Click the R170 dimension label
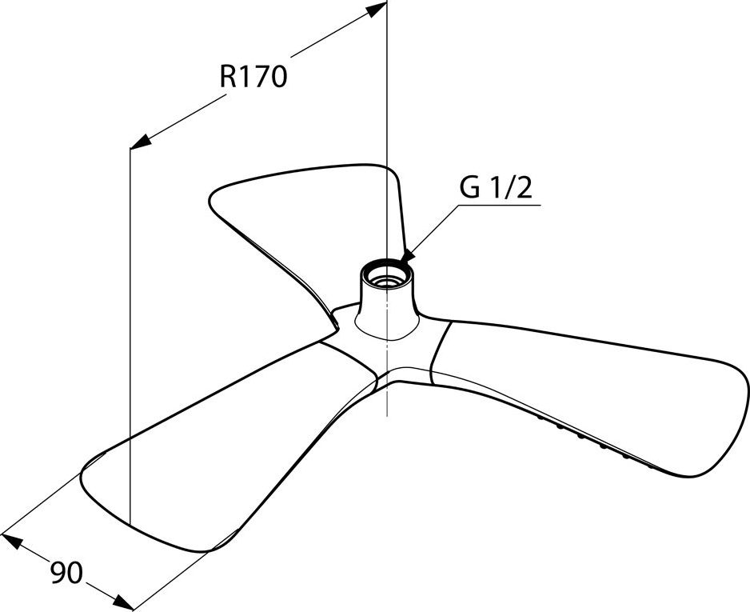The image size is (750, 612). pyautogui.click(x=253, y=77)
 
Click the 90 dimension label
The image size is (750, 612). pyautogui.click(x=66, y=572)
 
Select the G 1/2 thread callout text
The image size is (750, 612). pyautogui.click(x=496, y=189)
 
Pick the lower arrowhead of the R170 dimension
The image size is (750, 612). pyautogui.click(x=140, y=141)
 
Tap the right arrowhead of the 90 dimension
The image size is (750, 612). pyautogui.click(x=123, y=602)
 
